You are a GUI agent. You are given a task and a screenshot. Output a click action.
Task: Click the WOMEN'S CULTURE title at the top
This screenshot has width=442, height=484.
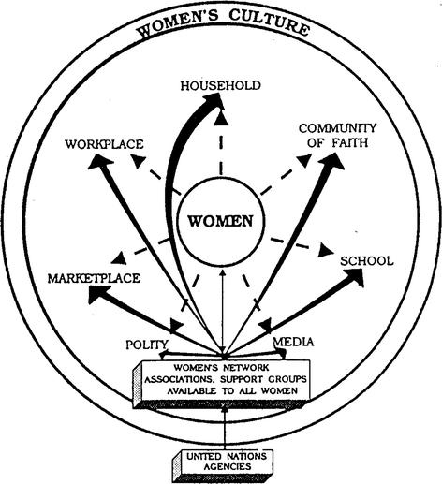(222, 26)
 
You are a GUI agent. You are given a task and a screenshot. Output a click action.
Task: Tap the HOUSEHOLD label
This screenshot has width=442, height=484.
(221, 86)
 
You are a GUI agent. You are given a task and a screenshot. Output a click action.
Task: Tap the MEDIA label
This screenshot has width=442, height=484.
(293, 344)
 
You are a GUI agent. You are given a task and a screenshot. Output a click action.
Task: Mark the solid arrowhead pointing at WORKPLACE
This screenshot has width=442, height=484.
(97, 163)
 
